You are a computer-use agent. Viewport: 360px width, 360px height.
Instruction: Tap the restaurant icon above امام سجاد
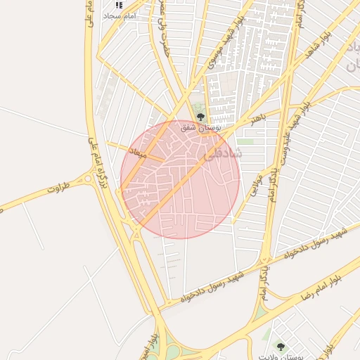(x=118, y=5)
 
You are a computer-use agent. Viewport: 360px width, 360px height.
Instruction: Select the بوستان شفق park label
(x=201, y=128)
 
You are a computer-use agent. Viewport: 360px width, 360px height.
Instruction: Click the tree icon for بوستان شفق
(x=201, y=117)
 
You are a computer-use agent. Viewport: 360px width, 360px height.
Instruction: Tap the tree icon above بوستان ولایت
(x=281, y=346)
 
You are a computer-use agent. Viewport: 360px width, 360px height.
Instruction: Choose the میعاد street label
(x=137, y=151)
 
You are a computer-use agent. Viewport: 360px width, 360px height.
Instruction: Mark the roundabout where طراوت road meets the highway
(x=87, y=179)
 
